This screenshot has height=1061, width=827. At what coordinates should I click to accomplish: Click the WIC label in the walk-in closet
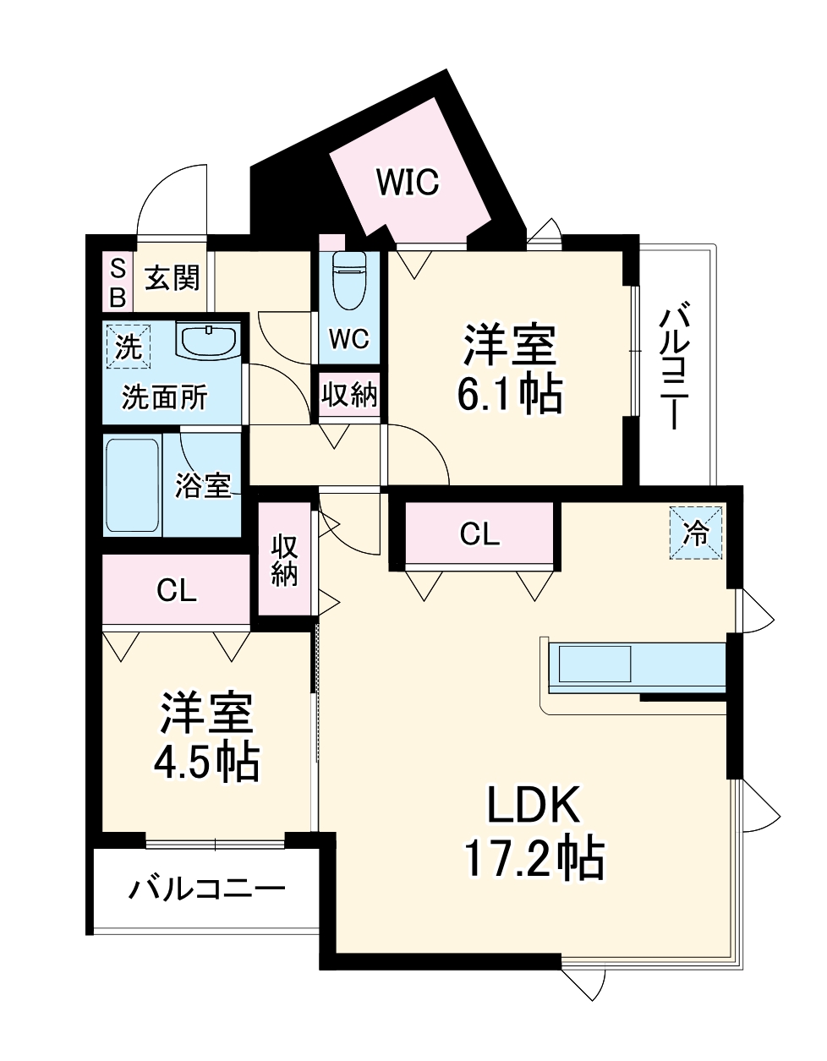pyautogui.click(x=408, y=182)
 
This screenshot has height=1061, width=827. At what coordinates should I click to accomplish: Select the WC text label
pyautogui.click(x=348, y=339)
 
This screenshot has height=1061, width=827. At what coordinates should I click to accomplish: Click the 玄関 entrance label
pyautogui.click(x=173, y=277)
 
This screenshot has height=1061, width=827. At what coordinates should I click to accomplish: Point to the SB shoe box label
pyautogui.click(x=118, y=283)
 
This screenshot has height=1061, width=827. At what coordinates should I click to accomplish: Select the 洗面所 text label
pyautogui.click(x=165, y=397)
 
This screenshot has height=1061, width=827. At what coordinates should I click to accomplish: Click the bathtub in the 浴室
pyautogui.click(x=132, y=485)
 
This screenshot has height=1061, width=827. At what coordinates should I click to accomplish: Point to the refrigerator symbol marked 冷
pyautogui.click(x=697, y=533)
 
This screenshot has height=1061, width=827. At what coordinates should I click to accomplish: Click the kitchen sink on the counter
pyautogui.click(x=592, y=664)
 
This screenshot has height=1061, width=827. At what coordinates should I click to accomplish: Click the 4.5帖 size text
pyautogui.click(x=206, y=762)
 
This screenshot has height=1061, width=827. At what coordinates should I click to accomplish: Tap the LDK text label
pyautogui.click(x=534, y=805)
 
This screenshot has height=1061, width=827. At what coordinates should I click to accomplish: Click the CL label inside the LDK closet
pyautogui.click(x=479, y=533)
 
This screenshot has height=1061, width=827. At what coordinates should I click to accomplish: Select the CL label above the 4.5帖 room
pyautogui.click(x=177, y=590)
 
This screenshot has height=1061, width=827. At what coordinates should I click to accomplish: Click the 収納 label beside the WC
pyautogui.click(x=349, y=395)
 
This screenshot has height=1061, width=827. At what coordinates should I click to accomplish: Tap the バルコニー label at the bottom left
pyautogui.click(x=207, y=889)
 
